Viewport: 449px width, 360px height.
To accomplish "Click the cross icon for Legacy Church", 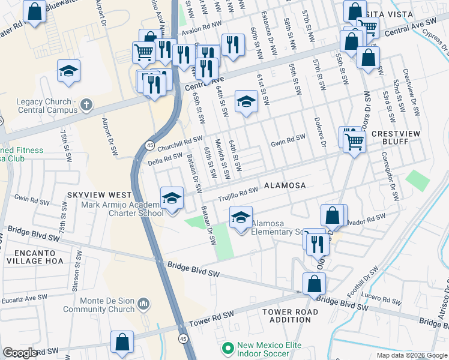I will [86, 106].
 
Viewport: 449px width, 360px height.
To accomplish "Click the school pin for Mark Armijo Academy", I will [172, 198].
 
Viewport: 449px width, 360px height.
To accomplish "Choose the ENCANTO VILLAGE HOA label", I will [33, 257].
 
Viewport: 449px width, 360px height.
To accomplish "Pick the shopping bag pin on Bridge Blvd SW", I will [314, 284].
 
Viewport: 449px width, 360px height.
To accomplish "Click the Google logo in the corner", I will [20, 353].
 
